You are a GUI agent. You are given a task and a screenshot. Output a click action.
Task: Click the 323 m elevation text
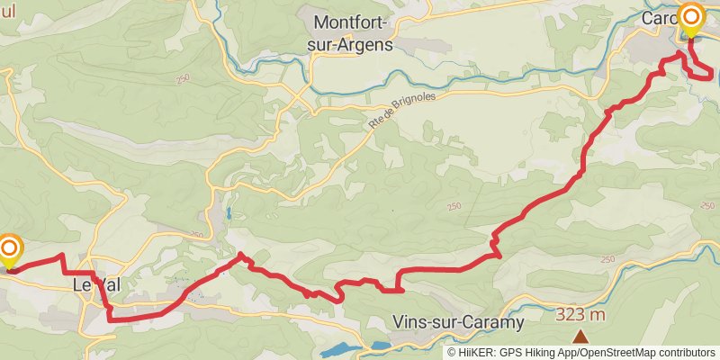(580, 314)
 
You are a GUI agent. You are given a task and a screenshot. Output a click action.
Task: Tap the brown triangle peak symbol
(580, 337)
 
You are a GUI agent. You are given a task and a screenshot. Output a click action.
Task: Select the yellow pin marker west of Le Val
(10, 251)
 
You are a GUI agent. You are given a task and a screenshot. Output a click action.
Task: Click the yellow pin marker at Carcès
(691, 19)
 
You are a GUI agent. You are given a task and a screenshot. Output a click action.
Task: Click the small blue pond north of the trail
(229, 214)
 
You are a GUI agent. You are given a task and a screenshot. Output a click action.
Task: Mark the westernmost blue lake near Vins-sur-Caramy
(338, 348)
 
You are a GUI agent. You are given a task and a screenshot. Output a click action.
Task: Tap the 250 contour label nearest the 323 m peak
(607, 260)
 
